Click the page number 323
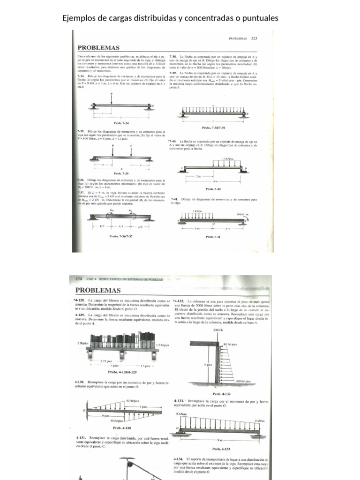(255, 38)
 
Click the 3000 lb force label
(217, 330)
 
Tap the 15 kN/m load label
(181, 414)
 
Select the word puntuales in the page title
(260, 18)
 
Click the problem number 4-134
(178, 458)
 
